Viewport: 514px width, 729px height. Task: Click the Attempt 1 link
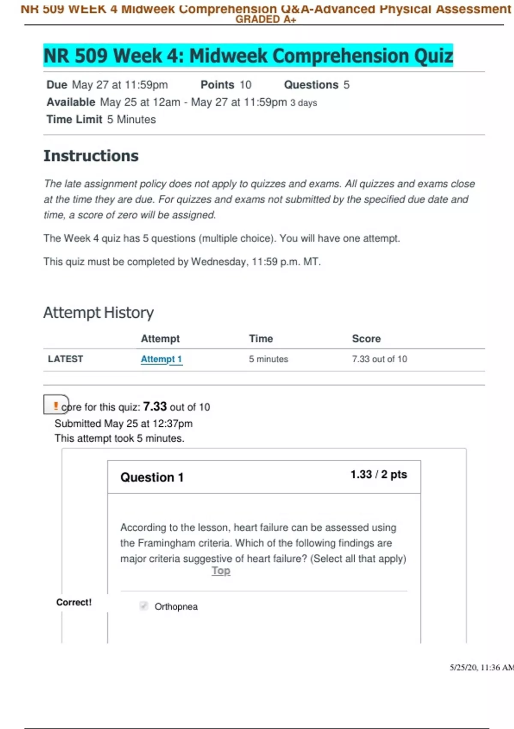[161, 359]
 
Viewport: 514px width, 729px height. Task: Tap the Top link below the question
[221, 571]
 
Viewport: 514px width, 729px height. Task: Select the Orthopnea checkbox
[143, 606]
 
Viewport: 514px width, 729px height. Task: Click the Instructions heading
[91, 156]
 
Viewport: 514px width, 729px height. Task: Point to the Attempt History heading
[99, 313]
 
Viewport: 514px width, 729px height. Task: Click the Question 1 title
[152, 477]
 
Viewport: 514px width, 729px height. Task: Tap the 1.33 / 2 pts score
[379, 474]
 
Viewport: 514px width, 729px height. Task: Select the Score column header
[366, 339]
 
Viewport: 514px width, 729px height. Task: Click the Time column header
[261, 339]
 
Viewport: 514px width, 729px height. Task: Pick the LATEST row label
[66, 359]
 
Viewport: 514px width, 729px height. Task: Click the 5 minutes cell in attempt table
[269, 359]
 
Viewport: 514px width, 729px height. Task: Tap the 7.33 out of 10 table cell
[380, 359]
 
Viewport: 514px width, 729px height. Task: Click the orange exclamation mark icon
[56, 405]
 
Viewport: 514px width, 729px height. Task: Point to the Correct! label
[74, 602]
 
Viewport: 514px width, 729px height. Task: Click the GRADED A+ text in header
[266, 19]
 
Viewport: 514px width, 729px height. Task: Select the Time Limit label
[75, 120]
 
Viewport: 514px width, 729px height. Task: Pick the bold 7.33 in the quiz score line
[155, 406]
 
